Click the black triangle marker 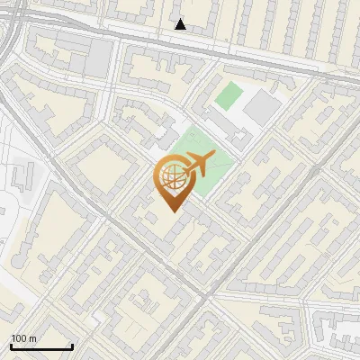coord(181,24)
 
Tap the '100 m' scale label coord(23,338)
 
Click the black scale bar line coord(41,346)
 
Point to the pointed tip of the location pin coord(172,211)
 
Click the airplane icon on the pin coord(198,165)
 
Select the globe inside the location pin coord(171,179)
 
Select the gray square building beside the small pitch coord(262,107)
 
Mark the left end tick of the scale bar coord(11,346)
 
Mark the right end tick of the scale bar coord(72,346)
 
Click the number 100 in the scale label coord(19,338)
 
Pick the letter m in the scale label coord(32,338)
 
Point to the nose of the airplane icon coord(214,158)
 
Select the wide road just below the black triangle coord(180,41)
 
